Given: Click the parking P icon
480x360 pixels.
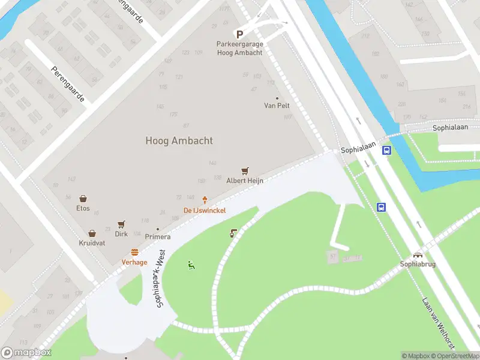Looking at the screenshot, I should point(239,35).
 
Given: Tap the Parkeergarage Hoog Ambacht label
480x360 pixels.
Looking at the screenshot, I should point(239,49).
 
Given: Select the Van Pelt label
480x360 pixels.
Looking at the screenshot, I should point(277,106).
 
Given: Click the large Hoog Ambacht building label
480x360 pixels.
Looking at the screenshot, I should point(179,141).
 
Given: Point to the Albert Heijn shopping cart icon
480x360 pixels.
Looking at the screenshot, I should point(244,172).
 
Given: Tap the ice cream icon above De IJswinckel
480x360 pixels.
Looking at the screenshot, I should point(205,200).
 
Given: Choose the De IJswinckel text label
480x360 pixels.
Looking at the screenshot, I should point(205,211).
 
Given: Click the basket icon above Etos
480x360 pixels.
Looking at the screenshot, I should point(83,199).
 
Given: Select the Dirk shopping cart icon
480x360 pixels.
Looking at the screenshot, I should point(121,224).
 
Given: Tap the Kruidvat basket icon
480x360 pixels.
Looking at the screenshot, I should point(92,233).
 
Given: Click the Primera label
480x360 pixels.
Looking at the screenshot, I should point(157,236).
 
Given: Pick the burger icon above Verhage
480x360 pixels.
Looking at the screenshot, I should point(134,253).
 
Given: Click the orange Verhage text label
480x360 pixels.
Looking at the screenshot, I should point(134,262).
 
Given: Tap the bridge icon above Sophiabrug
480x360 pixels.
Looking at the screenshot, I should point(418,254).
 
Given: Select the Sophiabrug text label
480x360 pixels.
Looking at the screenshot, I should point(418,264).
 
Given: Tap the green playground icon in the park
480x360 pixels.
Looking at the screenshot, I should point(191,265).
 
